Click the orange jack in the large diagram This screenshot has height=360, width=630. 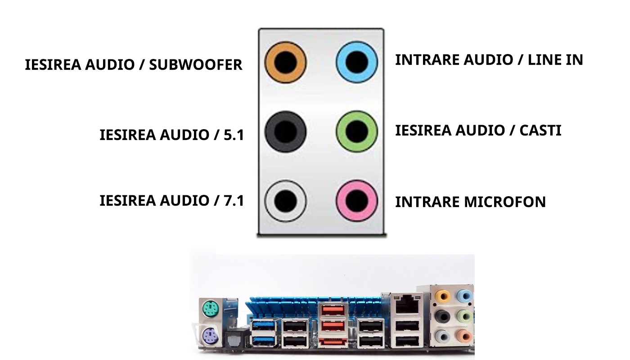pyautogui.click(x=285, y=62)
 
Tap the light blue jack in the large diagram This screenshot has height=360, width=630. pyautogui.click(x=356, y=62)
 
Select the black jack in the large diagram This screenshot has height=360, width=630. pyautogui.click(x=285, y=131)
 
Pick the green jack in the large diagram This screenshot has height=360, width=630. pyautogui.click(x=356, y=131)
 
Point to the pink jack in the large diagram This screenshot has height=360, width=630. pyautogui.click(x=356, y=201)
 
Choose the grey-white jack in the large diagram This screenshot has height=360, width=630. pyautogui.click(x=285, y=201)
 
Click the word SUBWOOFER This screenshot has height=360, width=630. pyautogui.click(x=195, y=65)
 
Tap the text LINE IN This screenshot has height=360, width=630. pyautogui.click(x=555, y=60)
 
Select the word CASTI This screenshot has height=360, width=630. pyautogui.click(x=540, y=130)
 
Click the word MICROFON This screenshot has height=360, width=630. pyautogui.click(x=505, y=202)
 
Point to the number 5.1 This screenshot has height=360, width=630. pyautogui.click(x=234, y=135)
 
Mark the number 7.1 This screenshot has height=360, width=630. pyautogui.click(x=234, y=201)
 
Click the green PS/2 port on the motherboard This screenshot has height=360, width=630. pyautogui.click(x=210, y=309)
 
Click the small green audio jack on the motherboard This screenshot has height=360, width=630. pyautogui.click(x=464, y=316)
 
